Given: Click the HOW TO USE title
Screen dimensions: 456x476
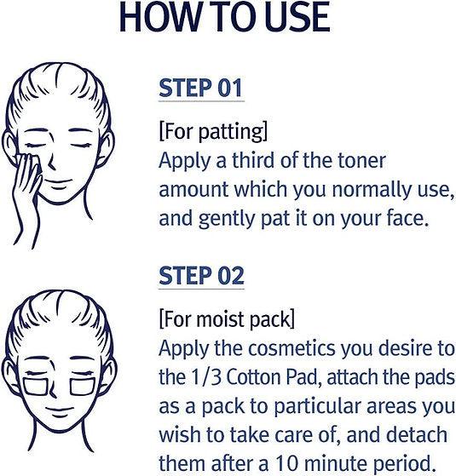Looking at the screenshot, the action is [x=225, y=17].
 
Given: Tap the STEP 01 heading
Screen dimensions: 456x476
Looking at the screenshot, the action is [x=201, y=88].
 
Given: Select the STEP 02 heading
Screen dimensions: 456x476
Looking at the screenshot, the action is [x=201, y=276].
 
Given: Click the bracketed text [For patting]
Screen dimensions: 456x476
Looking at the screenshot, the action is [x=213, y=131].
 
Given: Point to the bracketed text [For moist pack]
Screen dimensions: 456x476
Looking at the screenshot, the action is [x=227, y=319].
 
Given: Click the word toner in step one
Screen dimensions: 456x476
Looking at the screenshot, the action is [x=362, y=160].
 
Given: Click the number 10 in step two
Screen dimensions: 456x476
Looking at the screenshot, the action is [x=286, y=463].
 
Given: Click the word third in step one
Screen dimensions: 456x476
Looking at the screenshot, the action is [x=253, y=160].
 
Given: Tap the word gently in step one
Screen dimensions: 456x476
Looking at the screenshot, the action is [x=226, y=219].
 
